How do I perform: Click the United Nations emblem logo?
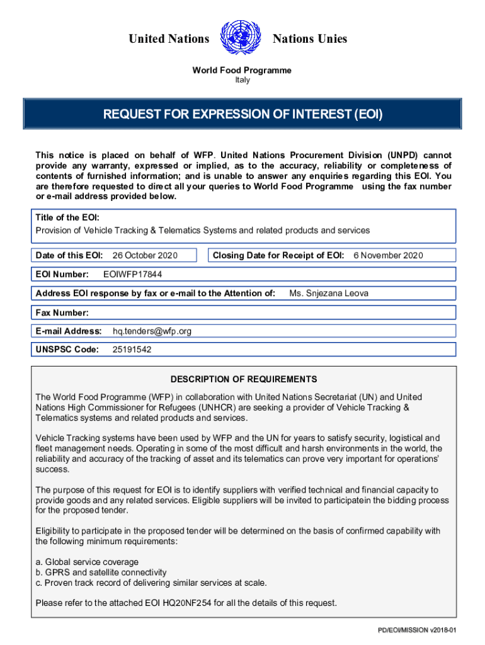[241, 39]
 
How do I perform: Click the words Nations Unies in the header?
[309, 39]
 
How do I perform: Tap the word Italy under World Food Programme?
[242, 80]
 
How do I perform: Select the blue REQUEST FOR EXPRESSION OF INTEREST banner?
[243, 115]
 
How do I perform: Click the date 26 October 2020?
[145, 255]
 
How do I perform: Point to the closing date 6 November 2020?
[388, 255]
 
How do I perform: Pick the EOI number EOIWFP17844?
[132, 274]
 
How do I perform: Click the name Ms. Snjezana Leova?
[329, 293]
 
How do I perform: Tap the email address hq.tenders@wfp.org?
[152, 331]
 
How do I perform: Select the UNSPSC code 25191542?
[132, 350]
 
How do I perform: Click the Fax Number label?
[62, 312]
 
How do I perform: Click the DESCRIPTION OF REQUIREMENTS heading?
[243, 379]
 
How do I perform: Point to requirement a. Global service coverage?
[87, 562]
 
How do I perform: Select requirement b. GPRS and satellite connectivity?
[101, 573]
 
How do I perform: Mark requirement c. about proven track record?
[151, 583]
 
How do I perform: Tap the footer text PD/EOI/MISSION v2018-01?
[420, 631]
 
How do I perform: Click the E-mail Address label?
[69, 331]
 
